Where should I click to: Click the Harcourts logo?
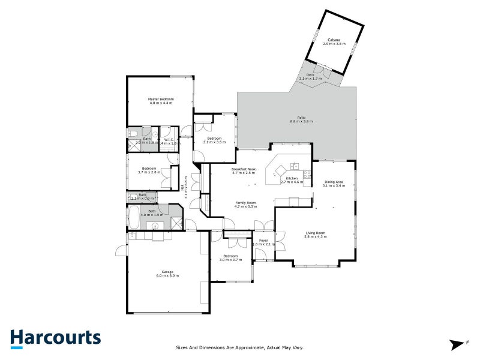coord(55,338)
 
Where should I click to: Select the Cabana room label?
coord(334,40)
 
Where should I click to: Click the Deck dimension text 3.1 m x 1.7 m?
coord(310,79)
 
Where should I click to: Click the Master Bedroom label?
coord(161,99)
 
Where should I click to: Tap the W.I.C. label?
coord(169,140)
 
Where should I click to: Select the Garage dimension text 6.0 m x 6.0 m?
coord(168,275)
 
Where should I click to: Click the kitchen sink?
coord(294,166)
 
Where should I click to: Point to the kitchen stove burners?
coord(307,175)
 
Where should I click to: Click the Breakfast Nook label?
coord(244,169)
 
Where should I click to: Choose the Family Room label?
coord(245,203)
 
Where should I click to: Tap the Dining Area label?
coord(334,182)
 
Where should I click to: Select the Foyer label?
coord(263,241)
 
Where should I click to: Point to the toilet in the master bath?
coord(133,133)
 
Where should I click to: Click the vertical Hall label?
coord(182,187)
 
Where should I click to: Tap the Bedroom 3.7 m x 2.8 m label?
coord(149,169)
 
